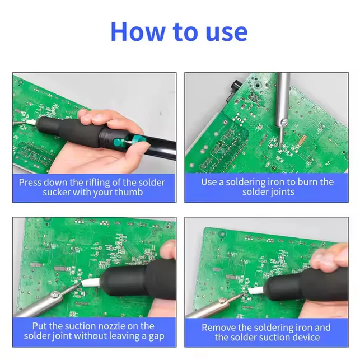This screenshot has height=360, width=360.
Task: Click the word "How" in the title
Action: [x=138, y=31]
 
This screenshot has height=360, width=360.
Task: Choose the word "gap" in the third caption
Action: [x=157, y=336]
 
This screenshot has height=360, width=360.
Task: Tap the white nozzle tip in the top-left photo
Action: [x=31, y=122]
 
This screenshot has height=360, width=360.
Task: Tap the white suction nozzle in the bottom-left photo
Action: [x=91, y=283]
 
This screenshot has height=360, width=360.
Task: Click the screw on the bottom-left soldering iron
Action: [x=55, y=294]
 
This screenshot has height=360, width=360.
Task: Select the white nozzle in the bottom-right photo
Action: [x=256, y=291]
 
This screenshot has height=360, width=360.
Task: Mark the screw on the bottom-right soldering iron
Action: [x=222, y=300]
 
